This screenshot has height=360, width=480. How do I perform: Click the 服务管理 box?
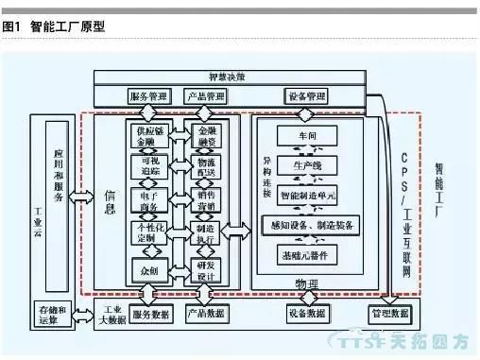coord(148,96)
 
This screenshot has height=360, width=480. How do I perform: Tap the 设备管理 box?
coord(306,96)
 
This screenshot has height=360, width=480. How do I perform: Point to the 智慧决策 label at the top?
coord(226,76)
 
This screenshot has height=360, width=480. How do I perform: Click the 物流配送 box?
coord(207,166)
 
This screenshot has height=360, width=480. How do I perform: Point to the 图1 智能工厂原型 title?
coord(54,27)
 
